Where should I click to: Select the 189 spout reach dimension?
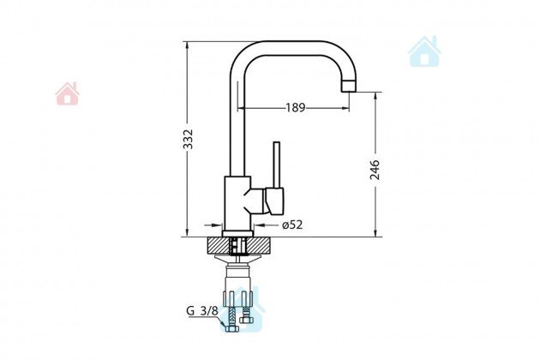[295, 107]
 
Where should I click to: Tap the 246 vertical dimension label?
[375, 169]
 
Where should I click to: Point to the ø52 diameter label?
[292, 225]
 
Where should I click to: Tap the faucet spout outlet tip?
[348, 87]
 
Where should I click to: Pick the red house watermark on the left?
[68, 93]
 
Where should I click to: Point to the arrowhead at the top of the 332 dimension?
[189, 44]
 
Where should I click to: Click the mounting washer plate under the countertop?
[239, 258]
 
